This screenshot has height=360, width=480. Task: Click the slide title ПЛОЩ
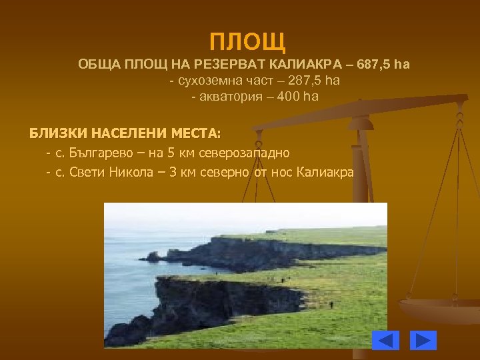tap(247, 42)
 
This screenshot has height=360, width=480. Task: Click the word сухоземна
tap(207, 81)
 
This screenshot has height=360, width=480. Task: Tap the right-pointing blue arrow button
tap(423, 340)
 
